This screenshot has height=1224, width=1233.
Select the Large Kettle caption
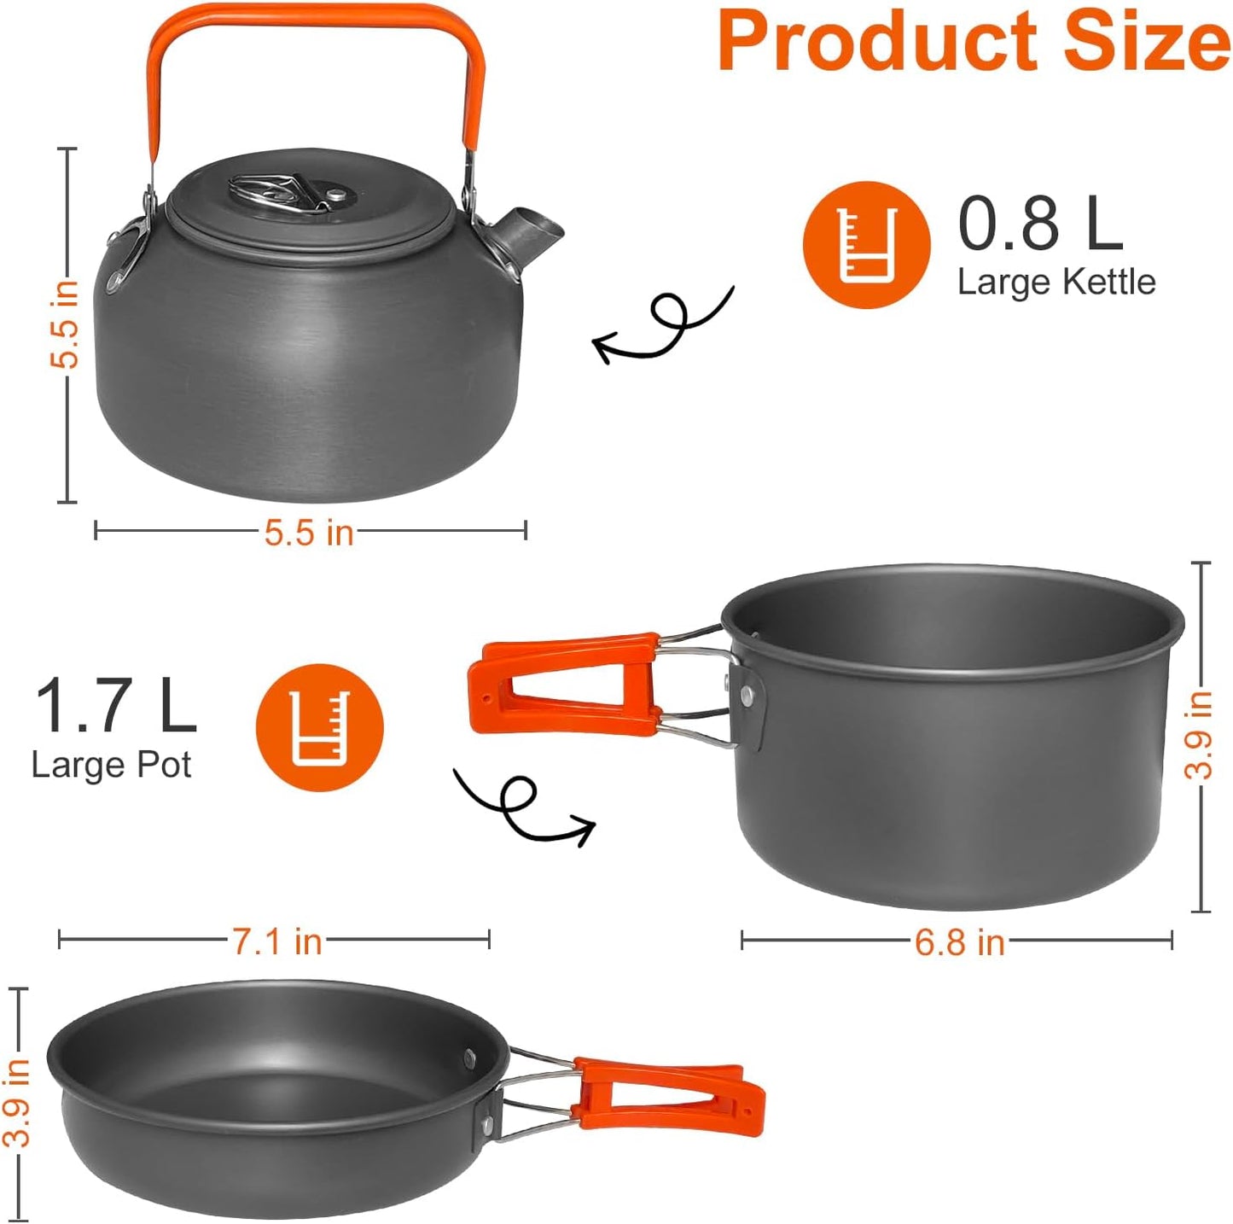coord(1056,282)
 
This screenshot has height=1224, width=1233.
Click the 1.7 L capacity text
coord(115,706)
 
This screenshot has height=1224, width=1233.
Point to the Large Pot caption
coord(111,765)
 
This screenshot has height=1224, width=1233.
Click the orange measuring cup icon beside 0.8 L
coord(866,244)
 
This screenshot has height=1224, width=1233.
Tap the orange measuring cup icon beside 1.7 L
coord(320,727)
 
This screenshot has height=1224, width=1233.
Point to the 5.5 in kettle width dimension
coord(309,533)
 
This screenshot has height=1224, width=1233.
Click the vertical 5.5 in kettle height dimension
coord(65,324)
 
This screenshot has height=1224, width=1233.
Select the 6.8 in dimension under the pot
coord(959,942)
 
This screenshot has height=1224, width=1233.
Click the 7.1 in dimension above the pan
coord(277,941)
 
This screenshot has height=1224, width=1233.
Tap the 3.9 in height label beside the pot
coord(1199,734)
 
